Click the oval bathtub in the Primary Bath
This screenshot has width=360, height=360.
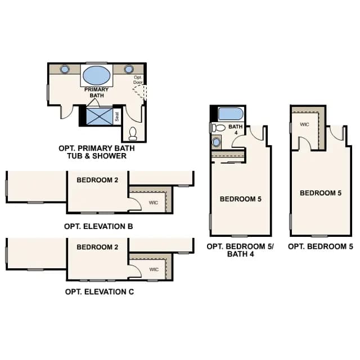[x=96, y=75]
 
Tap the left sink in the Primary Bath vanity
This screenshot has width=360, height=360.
[x=65, y=69]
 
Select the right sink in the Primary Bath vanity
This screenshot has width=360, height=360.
[x=129, y=69]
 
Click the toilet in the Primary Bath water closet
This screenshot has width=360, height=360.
[x=133, y=134]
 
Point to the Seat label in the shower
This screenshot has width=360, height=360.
[x=117, y=116]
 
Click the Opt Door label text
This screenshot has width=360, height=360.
[x=138, y=80]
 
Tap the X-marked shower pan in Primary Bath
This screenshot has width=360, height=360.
[x=100, y=116]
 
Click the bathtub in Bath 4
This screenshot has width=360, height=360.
[x=231, y=114]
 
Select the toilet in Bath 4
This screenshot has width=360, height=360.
[x=218, y=128]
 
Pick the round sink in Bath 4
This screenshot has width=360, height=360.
[x=216, y=142]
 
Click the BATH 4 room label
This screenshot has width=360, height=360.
[x=236, y=129]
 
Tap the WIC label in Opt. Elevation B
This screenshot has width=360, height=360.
[x=154, y=202]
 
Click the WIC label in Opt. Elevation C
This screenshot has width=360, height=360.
[x=154, y=269]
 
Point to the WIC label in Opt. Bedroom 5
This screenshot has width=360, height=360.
[x=304, y=124]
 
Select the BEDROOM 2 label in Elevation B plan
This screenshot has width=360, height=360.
[x=97, y=180]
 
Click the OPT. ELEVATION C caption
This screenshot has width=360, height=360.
[x=100, y=291]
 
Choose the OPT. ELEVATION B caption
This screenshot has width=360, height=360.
[x=98, y=226]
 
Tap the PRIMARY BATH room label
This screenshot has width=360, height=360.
[x=96, y=92]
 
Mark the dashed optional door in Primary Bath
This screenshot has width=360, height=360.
[x=140, y=92]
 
